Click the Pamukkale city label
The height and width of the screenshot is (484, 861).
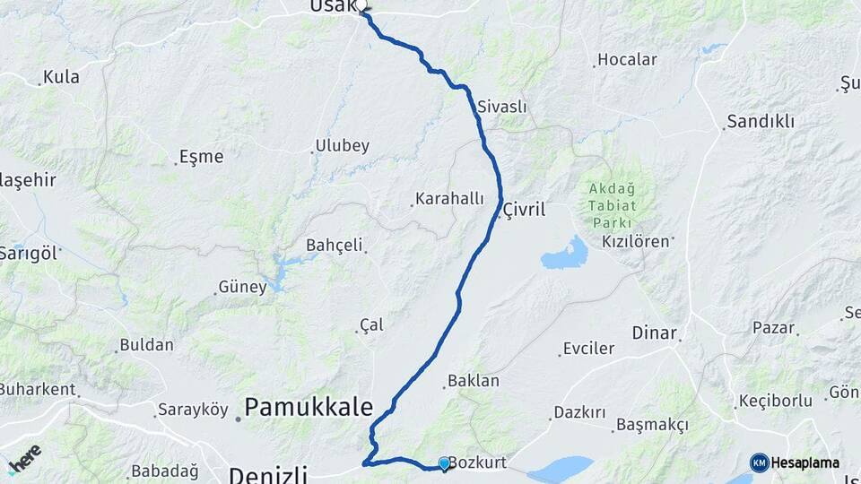pyautogui.click(x=309, y=408)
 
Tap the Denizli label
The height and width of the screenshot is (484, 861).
pyautogui.click(x=268, y=473)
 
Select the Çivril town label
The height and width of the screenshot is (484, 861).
pyautogui.click(x=525, y=209)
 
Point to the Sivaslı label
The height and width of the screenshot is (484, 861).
pyautogui.click(x=502, y=107)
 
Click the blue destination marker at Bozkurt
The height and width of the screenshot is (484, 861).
pyautogui.click(x=444, y=463)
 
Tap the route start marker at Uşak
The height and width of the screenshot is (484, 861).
pyautogui.click(x=363, y=8)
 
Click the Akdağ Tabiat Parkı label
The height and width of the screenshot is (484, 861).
pyautogui.click(x=612, y=205)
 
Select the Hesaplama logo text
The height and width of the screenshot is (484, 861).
pyautogui.click(x=806, y=462)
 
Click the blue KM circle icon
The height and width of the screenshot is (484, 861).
pyautogui.click(x=760, y=462)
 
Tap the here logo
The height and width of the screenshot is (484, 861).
pyautogui.click(x=24, y=459)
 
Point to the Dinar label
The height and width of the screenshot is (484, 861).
pyautogui.click(x=654, y=333)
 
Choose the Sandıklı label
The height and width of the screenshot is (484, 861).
pyautogui.click(x=761, y=122)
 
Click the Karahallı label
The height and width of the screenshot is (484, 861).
pyautogui.click(x=449, y=199)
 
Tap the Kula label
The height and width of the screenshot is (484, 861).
pyautogui.click(x=61, y=77)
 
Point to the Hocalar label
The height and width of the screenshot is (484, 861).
pyautogui.click(x=628, y=60)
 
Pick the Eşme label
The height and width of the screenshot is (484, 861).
pyautogui.click(x=201, y=156)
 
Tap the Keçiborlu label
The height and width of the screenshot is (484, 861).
pyautogui.click(x=775, y=401)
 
